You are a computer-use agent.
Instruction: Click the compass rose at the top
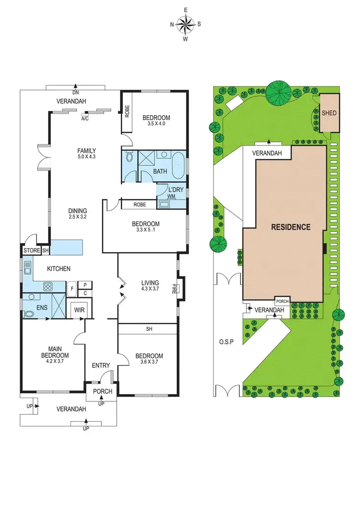pos(185,24)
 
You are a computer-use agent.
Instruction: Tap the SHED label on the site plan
pos(329,113)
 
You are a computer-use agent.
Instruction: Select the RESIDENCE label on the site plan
pos(291,227)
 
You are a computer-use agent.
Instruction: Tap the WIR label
pos(79,310)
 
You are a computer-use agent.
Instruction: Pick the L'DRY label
pos(171,190)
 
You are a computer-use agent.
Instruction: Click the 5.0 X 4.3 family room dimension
pos(87,157)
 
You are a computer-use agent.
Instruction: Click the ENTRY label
pos(101,365)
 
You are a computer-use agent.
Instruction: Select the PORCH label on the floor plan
pos(102,391)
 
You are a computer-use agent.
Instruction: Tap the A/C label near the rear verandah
pos(85,119)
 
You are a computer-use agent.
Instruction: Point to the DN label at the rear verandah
pos(75,92)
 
